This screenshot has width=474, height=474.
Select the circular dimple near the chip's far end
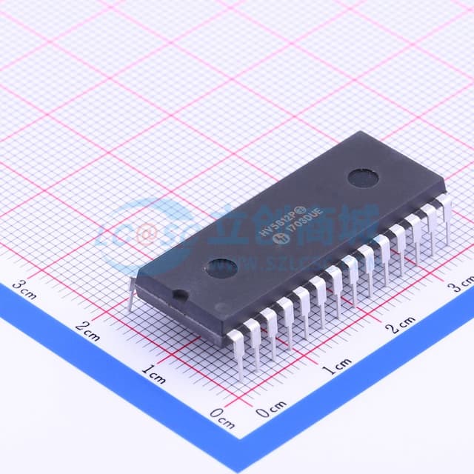coord(364,177)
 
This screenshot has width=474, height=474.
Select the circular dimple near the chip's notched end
coord(221,267)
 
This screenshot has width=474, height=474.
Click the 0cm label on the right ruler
coord(271,407)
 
